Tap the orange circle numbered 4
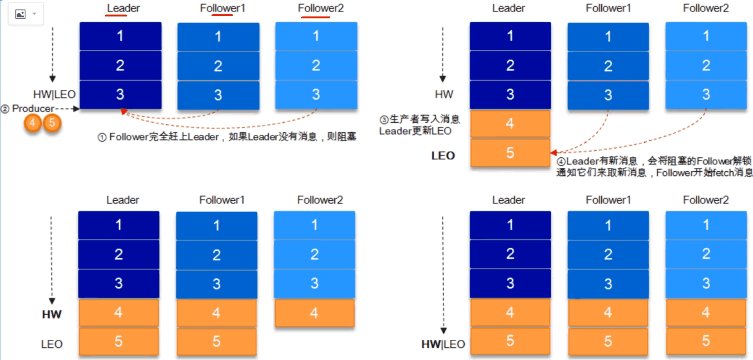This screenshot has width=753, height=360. [33, 123]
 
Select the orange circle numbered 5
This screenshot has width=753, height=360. [52, 123]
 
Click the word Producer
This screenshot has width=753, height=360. [33, 108]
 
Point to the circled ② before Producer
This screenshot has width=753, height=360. [5, 109]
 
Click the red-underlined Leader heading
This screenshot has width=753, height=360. [123, 8]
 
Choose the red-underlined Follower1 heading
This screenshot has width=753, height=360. [222, 8]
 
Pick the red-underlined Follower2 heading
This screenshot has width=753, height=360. [321, 8]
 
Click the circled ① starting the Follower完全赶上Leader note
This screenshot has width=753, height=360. [102, 137]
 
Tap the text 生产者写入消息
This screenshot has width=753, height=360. [425, 119]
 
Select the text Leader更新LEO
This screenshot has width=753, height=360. [415, 131]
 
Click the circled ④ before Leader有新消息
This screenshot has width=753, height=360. [561, 162]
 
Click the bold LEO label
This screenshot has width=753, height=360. [443, 156]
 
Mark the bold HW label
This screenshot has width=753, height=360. [52, 314]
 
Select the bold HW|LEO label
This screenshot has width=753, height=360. [443, 344]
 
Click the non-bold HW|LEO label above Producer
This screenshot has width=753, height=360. [54, 94]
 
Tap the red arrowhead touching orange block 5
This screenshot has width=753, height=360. [553, 152]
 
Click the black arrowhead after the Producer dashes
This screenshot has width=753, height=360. [76, 109]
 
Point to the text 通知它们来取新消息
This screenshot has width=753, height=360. [601, 172]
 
